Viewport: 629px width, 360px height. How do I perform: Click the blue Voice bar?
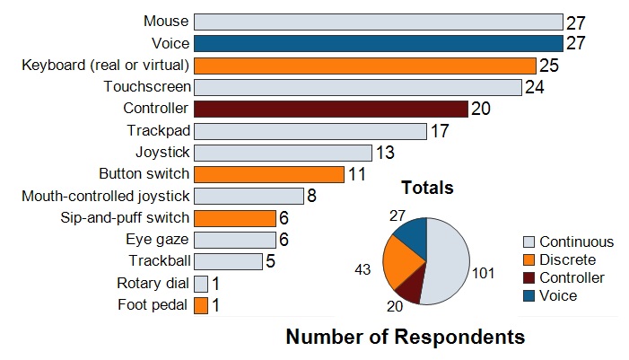(x=378, y=43)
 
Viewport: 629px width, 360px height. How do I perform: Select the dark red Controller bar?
(x=331, y=109)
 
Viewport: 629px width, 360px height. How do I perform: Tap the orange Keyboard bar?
(x=364, y=66)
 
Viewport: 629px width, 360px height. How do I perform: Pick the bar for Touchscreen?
(x=357, y=87)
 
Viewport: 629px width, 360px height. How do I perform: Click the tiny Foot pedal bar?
(x=201, y=305)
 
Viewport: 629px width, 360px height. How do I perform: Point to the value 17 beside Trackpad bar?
(x=439, y=131)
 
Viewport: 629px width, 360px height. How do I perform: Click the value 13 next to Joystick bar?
(x=384, y=153)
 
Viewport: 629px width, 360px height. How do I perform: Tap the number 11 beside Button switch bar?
(x=356, y=174)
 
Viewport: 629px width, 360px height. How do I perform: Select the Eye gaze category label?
(x=157, y=240)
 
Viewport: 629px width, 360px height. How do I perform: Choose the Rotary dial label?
(x=153, y=284)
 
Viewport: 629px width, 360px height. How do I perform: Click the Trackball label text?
(x=160, y=261)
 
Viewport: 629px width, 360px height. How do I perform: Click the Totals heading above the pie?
(x=426, y=189)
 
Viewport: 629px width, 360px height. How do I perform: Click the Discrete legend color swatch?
(x=529, y=259)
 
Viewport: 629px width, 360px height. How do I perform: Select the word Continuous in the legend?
(x=576, y=241)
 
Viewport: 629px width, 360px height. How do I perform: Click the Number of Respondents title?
(x=405, y=338)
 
